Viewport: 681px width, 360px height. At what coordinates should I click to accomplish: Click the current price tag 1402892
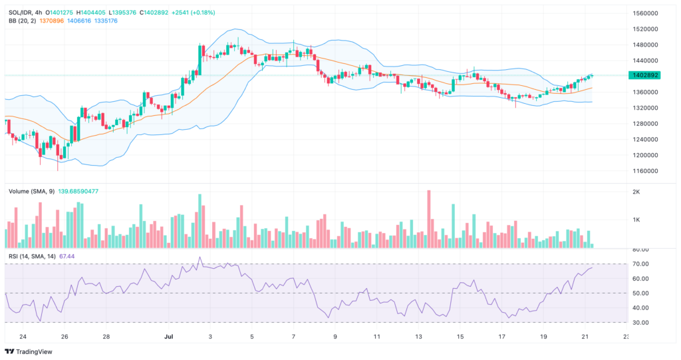pyautogui.click(x=645, y=75)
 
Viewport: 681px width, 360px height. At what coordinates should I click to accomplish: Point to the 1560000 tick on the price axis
pyautogui.click(x=645, y=13)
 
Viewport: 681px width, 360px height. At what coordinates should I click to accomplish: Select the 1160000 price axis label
pyautogui.click(x=645, y=171)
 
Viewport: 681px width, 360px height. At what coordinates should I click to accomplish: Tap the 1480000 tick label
pyautogui.click(x=645, y=45)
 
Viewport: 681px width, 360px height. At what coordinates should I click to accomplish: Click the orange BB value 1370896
pyautogui.click(x=51, y=21)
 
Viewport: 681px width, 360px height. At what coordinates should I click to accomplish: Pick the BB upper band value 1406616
pyautogui.click(x=79, y=21)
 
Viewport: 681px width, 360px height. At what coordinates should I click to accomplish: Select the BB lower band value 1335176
pyautogui.click(x=106, y=21)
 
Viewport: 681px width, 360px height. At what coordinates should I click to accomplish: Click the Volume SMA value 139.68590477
pyautogui.click(x=78, y=191)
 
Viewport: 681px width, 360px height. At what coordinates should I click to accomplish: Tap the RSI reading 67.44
pyautogui.click(x=67, y=256)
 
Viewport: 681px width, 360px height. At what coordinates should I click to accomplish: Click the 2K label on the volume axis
pyautogui.click(x=636, y=192)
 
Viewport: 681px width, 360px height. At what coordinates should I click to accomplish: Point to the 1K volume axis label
pyautogui.click(x=636, y=220)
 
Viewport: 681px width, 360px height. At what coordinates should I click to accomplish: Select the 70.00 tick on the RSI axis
pyautogui.click(x=640, y=264)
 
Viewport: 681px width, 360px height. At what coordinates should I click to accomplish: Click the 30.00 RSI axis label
pyautogui.click(x=640, y=323)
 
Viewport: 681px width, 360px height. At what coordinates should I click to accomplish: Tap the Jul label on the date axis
pyautogui.click(x=169, y=337)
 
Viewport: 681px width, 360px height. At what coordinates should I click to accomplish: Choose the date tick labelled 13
pyautogui.click(x=418, y=337)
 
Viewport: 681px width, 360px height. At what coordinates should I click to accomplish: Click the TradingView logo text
pyautogui.click(x=34, y=352)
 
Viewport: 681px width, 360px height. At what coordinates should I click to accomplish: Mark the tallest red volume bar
pyautogui.click(x=429, y=219)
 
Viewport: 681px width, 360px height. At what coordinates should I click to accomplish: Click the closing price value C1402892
pyautogui.click(x=154, y=13)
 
